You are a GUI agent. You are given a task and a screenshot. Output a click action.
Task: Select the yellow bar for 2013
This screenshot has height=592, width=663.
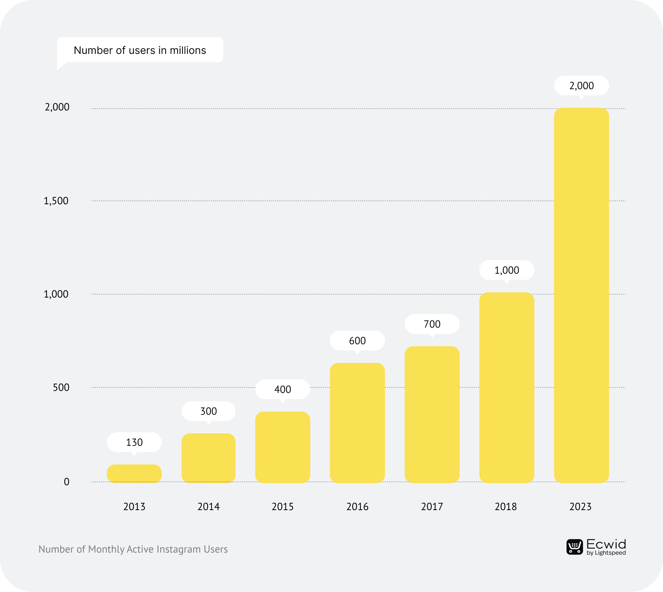[134, 474]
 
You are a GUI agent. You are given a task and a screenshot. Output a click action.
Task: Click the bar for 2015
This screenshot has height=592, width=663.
[282, 447]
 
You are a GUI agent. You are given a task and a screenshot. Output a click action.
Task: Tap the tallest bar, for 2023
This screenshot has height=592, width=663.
[581, 295]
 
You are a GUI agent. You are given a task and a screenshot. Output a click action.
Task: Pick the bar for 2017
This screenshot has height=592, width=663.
[432, 415]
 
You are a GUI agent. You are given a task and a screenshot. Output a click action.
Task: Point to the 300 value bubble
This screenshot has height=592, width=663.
[208, 411]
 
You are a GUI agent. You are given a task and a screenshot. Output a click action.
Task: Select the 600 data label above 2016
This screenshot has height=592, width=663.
[357, 341]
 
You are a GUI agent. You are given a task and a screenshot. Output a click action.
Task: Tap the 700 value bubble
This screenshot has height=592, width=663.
[432, 324]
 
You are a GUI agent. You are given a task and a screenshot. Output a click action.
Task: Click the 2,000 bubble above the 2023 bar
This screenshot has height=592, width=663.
[581, 86]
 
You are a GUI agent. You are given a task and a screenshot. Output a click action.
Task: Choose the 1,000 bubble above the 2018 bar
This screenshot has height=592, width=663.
[506, 270]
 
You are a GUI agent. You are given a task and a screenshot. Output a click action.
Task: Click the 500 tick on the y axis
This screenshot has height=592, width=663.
[61, 387]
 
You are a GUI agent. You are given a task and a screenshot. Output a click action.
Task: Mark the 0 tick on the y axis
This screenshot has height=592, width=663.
[66, 482]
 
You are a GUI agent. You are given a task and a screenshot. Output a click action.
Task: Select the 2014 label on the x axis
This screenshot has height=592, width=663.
[208, 506]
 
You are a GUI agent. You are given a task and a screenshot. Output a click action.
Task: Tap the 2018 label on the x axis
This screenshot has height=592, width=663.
[506, 506]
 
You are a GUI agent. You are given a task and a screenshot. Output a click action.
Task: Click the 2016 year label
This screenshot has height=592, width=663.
[357, 506]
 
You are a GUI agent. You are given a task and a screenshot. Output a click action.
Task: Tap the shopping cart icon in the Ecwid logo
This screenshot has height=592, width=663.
[575, 547]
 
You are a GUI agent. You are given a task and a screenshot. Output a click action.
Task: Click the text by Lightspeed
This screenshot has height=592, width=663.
[606, 553]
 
